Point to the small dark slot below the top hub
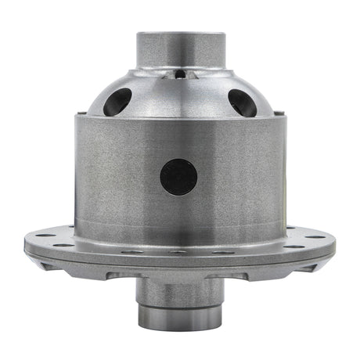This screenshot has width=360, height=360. click(x=180, y=75)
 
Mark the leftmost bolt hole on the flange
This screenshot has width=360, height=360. click(x=41, y=236)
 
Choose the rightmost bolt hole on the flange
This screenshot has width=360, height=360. click(x=319, y=236)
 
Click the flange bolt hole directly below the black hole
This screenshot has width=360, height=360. click(x=179, y=252)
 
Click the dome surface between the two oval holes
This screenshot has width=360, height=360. click(x=179, y=98)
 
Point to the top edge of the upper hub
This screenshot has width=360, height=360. click(x=179, y=33)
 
